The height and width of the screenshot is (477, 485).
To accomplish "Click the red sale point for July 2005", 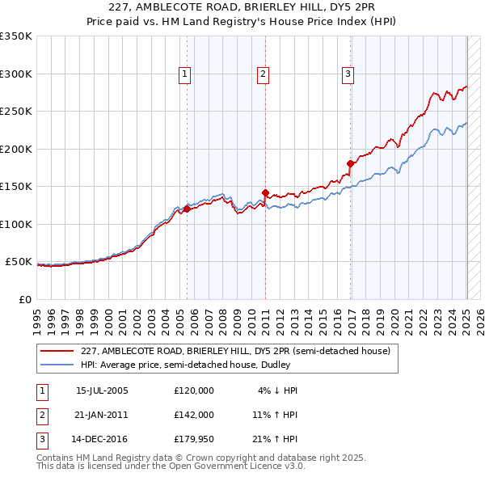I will tap(187, 209).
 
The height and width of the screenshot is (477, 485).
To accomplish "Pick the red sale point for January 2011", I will tap(265, 192).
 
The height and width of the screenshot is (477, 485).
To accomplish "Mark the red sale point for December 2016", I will tap(350, 163).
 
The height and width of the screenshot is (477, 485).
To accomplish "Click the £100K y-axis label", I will tap(16, 224).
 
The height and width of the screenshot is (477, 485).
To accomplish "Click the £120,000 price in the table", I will tap(194, 390).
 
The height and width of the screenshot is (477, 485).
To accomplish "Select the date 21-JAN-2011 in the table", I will tap(102, 415).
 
